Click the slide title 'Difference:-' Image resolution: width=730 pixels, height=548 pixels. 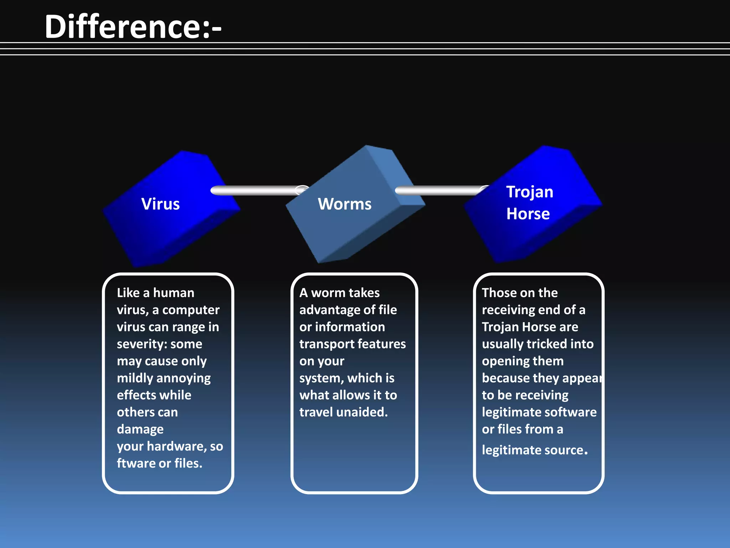pos(133,27)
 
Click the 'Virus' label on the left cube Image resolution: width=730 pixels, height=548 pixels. pos(160,204)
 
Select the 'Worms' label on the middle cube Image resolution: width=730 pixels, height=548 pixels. pos(344,204)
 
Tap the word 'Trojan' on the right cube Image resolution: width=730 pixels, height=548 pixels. pos(530,192)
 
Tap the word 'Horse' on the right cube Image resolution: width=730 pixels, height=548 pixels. pos(528,214)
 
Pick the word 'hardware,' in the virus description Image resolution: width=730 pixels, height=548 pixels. pos(177,446)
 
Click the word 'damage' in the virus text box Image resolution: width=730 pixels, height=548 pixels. pos(140,430)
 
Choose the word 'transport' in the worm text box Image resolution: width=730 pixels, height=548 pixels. pos(326,344)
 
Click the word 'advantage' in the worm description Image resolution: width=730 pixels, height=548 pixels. pos(328,310)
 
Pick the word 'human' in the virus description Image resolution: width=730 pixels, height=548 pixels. pos(174,293)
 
